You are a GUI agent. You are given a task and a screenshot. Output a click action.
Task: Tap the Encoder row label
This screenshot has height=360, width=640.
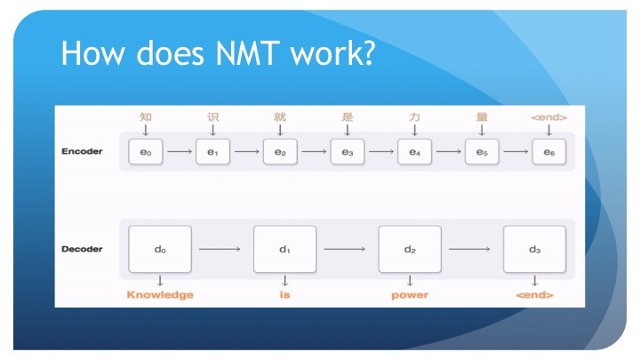[82, 151]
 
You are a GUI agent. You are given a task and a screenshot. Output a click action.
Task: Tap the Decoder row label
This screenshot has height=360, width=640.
[82, 248]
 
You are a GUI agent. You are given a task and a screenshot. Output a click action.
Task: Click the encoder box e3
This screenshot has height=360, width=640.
[347, 152]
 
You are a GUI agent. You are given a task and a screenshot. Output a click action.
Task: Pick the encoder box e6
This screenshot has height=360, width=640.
[548, 152]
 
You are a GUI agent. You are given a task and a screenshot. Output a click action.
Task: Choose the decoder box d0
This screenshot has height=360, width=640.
[160, 249]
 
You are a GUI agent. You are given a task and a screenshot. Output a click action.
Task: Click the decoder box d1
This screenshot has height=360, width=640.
[284, 249]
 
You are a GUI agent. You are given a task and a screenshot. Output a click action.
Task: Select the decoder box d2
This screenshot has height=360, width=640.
[410, 249]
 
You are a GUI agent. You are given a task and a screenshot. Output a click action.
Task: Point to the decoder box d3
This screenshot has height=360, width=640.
[534, 249]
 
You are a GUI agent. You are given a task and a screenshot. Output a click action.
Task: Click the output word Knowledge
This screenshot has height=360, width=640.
[160, 295]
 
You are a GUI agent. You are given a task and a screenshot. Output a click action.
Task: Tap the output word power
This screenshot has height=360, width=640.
[410, 295]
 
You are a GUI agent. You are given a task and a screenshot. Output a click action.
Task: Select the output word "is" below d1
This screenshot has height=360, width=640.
[284, 295]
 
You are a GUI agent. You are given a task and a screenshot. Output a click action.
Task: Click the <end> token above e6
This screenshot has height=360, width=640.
[548, 116]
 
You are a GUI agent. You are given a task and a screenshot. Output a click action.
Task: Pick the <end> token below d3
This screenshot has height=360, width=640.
[534, 295]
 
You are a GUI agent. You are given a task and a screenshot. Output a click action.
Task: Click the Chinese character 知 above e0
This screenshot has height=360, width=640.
[146, 116]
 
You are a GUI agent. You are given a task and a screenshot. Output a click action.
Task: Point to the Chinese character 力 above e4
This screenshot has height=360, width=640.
[414, 116]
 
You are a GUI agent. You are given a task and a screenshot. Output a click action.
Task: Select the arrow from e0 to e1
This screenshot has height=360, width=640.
[179, 152]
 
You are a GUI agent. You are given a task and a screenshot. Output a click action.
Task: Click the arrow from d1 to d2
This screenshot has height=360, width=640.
[347, 249]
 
